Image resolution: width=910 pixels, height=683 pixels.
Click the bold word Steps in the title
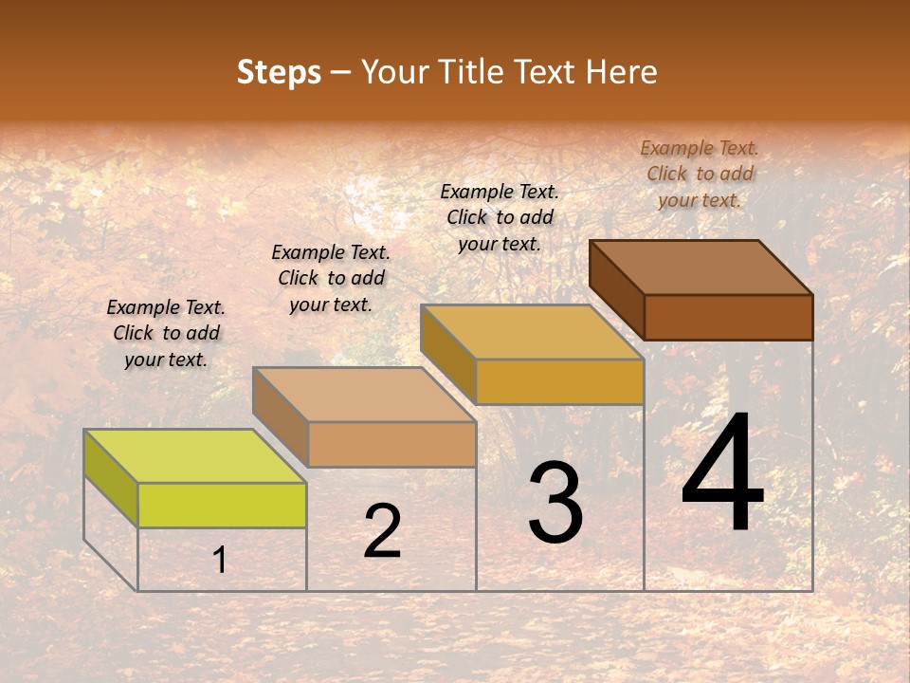[279, 72]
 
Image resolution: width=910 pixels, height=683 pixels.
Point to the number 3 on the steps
[555, 503]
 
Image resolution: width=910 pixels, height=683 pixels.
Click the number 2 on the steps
[382, 531]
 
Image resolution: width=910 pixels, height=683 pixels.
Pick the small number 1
[220, 560]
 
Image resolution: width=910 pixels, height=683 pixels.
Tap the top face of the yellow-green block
[195, 456]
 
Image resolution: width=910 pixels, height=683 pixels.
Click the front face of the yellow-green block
[222, 505]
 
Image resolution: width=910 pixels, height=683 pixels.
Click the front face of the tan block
[391, 444]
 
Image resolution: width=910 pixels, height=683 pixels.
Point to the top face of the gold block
[532, 332]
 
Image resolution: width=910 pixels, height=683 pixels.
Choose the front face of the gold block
[559, 381]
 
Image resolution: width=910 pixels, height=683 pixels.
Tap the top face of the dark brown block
[701, 268]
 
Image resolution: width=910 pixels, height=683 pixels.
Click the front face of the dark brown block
[728, 317]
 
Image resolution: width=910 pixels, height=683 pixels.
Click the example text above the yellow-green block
[166, 333]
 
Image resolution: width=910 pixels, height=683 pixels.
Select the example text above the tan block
[331, 278]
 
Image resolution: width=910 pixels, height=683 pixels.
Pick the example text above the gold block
[500, 217]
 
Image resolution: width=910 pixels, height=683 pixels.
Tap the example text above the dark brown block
[700, 174]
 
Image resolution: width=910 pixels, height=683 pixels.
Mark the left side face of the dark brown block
[617, 289]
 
